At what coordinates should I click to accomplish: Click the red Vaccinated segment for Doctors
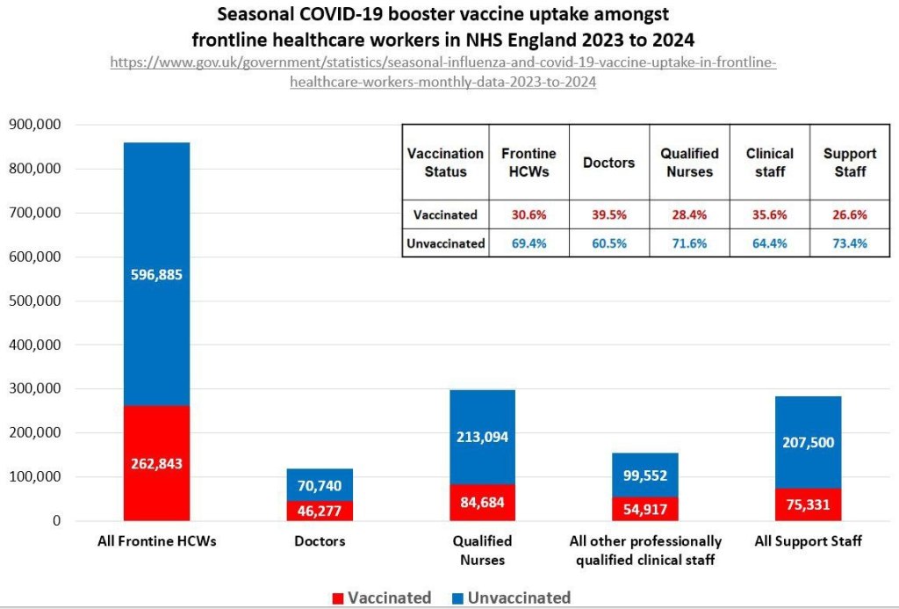pyautogui.click(x=320, y=511)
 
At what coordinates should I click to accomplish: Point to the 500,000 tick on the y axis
pyautogui.click(x=34, y=301)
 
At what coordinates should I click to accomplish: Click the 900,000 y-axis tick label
pyautogui.click(x=34, y=125)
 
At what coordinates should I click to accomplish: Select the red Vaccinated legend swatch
pyautogui.click(x=337, y=598)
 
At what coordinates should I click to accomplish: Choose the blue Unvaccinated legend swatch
pyautogui.click(x=457, y=598)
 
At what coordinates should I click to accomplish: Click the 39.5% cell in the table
pyautogui.click(x=608, y=214)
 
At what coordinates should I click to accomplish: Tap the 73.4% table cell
pyautogui.click(x=850, y=243)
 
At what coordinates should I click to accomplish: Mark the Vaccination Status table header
pyautogui.click(x=445, y=163)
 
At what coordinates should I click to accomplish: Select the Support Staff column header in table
pyautogui.click(x=850, y=163)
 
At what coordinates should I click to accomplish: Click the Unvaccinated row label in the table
pyautogui.click(x=445, y=243)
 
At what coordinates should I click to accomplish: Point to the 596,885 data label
pyautogui.click(x=156, y=275)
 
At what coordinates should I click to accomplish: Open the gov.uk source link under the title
pyautogui.click(x=442, y=73)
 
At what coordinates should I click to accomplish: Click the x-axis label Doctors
pyautogui.click(x=320, y=541)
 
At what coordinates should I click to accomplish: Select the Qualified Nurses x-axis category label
pyautogui.click(x=481, y=550)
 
